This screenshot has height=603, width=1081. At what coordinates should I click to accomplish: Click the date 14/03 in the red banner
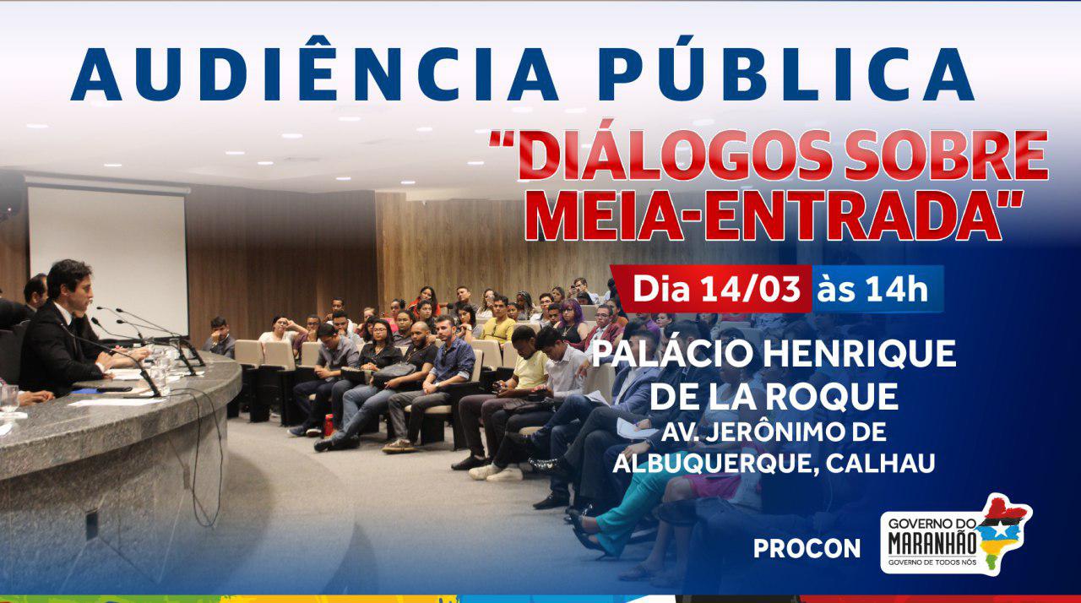pos(751,289)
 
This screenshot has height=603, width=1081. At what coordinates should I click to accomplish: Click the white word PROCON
pos(807,549)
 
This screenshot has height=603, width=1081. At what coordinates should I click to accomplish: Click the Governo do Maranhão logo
pos(956,535)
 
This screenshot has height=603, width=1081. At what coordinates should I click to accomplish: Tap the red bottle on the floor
pos(329,425)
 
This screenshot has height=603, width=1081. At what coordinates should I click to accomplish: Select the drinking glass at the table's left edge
pos(9,400)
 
